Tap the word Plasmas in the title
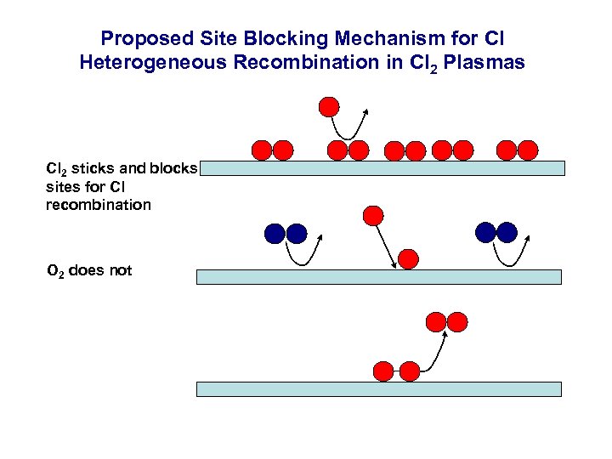[x=488, y=62]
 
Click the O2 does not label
[x=89, y=271]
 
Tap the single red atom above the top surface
[x=329, y=107]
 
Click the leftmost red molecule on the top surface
[x=272, y=150]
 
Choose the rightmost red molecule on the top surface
[x=517, y=150]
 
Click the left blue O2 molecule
[x=285, y=233]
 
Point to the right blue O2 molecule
[x=496, y=232]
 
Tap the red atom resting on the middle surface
[x=409, y=258]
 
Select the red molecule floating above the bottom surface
[x=446, y=322]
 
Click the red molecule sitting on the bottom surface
[x=396, y=371]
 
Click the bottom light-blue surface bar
[x=378, y=389]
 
